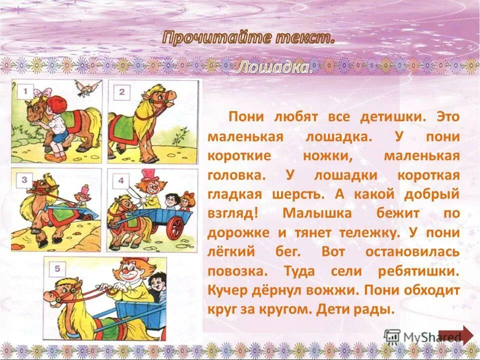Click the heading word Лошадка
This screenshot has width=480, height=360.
tap(275, 67)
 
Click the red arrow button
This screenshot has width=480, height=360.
tap(455, 335)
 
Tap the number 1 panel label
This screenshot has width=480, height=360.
tap(25, 92)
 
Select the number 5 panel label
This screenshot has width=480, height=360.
tap(57, 269)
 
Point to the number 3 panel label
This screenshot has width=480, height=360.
tap(25, 180)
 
